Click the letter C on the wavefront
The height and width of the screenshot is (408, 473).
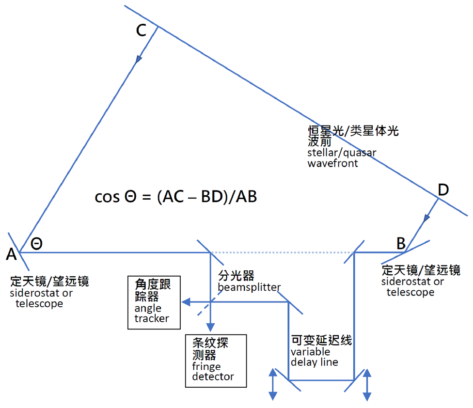(x=141, y=31)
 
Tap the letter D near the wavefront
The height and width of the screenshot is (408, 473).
(x=443, y=190)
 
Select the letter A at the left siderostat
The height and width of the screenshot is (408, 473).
(x=11, y=254)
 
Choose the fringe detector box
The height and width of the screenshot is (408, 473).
(x=216, y=361)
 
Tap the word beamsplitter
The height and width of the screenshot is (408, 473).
(x=249, y=287)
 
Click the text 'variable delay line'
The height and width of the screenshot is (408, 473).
(x=315, y=357)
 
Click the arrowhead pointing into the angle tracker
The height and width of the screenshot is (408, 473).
(x=185, y=303)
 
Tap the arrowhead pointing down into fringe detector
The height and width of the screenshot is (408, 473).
(x=210, y=327)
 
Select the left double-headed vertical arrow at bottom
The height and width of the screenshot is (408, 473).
(x=273, y=384)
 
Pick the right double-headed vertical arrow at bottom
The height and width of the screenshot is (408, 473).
(x=367, y=384)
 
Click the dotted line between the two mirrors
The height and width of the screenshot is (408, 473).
(x=281, y=252)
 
